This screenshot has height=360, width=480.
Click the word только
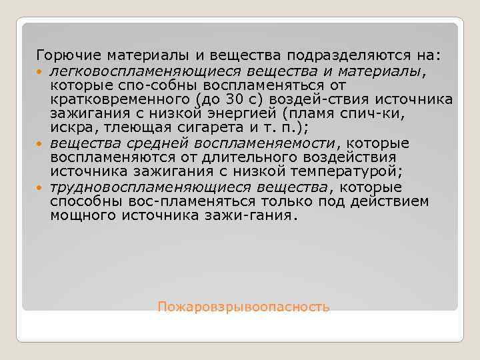285,201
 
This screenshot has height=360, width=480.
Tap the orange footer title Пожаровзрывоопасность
243,307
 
